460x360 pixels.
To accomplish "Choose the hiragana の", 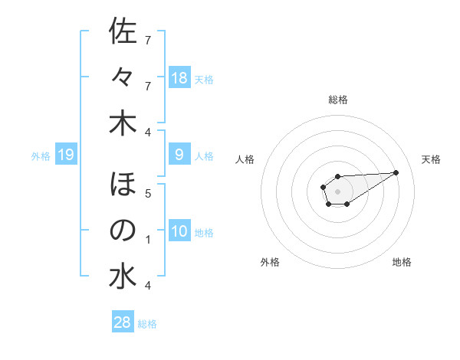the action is point(123,231).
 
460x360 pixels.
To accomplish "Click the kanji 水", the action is point(123,277).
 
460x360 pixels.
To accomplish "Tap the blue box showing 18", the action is point(179,78).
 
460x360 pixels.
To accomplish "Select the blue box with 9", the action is point(179,155).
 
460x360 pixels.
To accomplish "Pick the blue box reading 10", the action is point(179,231).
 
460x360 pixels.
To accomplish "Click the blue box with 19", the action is point(66,155).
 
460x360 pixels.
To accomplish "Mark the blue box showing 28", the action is point(123,322).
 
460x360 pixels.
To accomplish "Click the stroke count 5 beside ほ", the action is point(148,194).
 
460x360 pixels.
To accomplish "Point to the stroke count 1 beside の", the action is point(148,240).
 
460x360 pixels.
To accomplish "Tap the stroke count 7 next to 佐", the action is point(148,40).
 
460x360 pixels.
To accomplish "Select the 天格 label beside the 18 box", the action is point(204,79).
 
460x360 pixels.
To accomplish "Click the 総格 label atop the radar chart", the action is point(337,100).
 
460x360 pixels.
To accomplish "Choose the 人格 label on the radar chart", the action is point(245,159).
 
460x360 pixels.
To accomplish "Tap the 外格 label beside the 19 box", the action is point(41,155).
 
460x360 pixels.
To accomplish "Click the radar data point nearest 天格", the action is point(396,172).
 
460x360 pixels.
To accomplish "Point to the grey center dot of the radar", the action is point(337,190).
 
